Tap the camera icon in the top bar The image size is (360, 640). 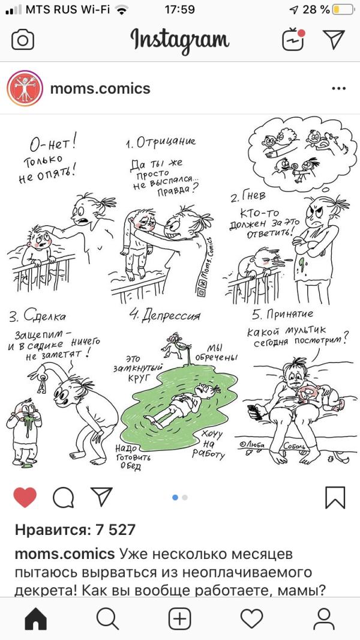tap(23, 40)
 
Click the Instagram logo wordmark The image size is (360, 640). tap(180, 40)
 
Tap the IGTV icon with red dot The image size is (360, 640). tap(293, 39)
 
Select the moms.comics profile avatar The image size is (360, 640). tap(25, 89)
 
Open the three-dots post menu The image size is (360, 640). tap(339, 89)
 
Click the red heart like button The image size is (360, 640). tap(25, 498)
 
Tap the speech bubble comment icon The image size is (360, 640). tap(63, 498)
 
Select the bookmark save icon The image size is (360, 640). tap(335, 498)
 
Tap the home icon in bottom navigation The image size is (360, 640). tap(36, 619)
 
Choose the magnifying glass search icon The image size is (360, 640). tap(108, 619)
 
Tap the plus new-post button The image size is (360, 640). tap(180, 619)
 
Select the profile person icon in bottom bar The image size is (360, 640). tap(324, 619)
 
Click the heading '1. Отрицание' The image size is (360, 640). tap(161, 142)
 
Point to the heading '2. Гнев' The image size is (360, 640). tap(248, 198)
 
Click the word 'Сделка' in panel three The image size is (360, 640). tap(44, 316)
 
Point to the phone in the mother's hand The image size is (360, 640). tap(255, 412)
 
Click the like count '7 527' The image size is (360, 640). tap(115, 530)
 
